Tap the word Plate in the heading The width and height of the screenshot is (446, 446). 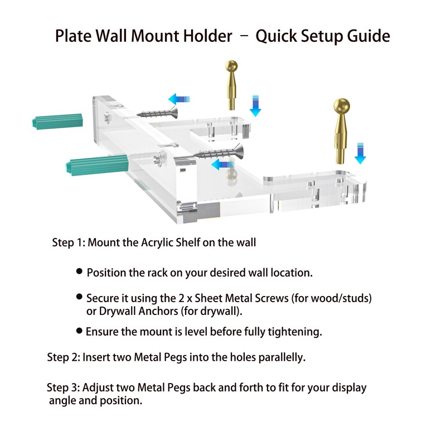point(75,37)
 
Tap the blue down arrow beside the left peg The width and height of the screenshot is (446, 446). point(255,105)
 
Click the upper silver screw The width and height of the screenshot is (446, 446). point(156,113)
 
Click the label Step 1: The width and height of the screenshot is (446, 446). point(69,243)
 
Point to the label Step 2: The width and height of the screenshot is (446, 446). point(64,357)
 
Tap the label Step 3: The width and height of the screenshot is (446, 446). point(64,387)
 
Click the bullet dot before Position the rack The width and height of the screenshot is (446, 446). point(80,272)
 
